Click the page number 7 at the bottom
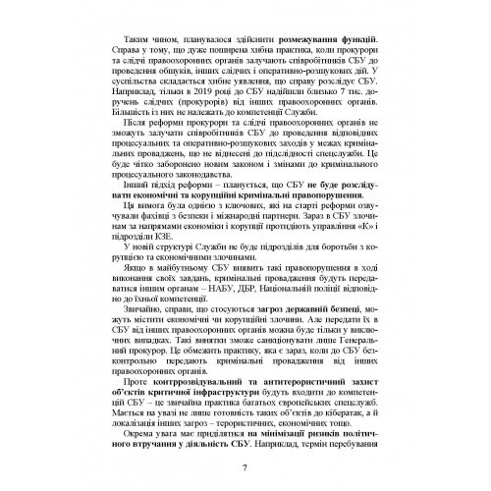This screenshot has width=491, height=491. point(244,465)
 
